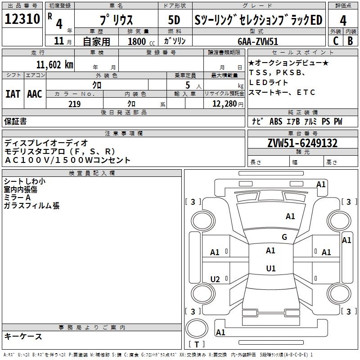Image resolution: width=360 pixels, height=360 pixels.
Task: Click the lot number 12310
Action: (x=22, y=19)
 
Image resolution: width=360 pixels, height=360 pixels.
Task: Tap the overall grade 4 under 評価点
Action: (x=343, y=21)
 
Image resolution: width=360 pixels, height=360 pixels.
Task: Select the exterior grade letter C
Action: (x=336, y=40)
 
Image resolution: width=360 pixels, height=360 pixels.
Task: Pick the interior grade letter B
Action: (x=350, y=40)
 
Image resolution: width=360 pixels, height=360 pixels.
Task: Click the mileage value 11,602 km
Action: (x=54, y=64)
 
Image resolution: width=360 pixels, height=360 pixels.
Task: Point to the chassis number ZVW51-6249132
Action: (x=302, y=143)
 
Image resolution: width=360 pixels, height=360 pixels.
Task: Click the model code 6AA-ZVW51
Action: (x=258, y=41)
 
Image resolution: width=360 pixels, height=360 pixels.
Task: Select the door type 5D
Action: (x=174, y=20)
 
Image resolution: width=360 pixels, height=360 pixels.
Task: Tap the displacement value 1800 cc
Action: (x=141, y=41)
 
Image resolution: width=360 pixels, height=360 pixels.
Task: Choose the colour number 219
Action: (x=74, y=104)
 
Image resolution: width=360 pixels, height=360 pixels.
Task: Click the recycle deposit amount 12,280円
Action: (x=228, y=104)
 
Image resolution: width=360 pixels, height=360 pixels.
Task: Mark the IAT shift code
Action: (x=13, y=94)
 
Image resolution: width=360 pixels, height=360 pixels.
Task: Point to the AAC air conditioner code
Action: (x=35, y=94)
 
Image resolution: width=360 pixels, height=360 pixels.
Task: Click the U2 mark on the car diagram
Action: (x=215, y=279)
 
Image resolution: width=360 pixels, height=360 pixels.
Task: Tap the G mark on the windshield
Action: (x=284, y=237)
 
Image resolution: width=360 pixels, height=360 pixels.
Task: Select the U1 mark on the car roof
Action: (x=271, y=268)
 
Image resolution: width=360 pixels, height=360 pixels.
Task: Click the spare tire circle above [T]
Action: (x=197, y=328)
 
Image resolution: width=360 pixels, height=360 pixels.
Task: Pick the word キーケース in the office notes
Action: (x=23, y=337)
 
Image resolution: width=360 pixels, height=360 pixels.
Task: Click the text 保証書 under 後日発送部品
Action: (x=15, y=121)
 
